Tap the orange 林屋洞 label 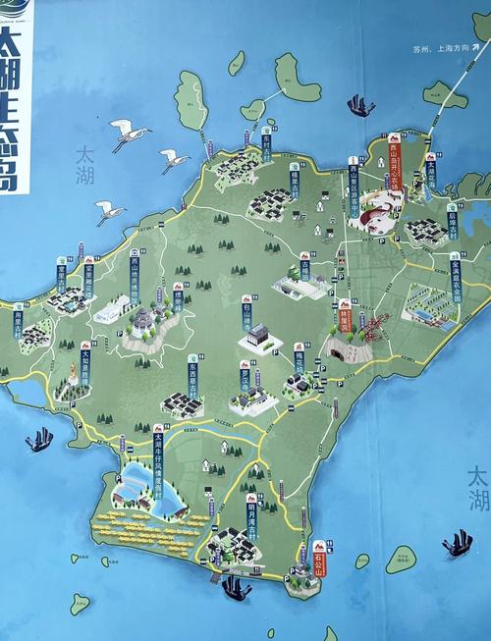(x=345, y=316)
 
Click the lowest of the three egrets (x=111, y=211)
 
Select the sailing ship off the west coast (x=39, y=440)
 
